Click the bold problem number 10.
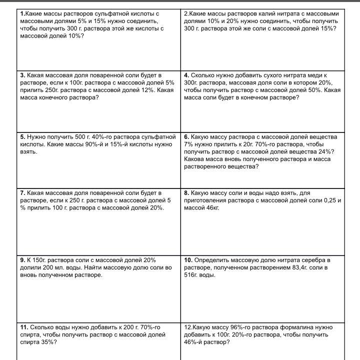(188, 260)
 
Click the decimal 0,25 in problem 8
(324, 200)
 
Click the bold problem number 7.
(22, 192)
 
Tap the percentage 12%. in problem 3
(145, 90)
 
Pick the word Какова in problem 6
(194, 159)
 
